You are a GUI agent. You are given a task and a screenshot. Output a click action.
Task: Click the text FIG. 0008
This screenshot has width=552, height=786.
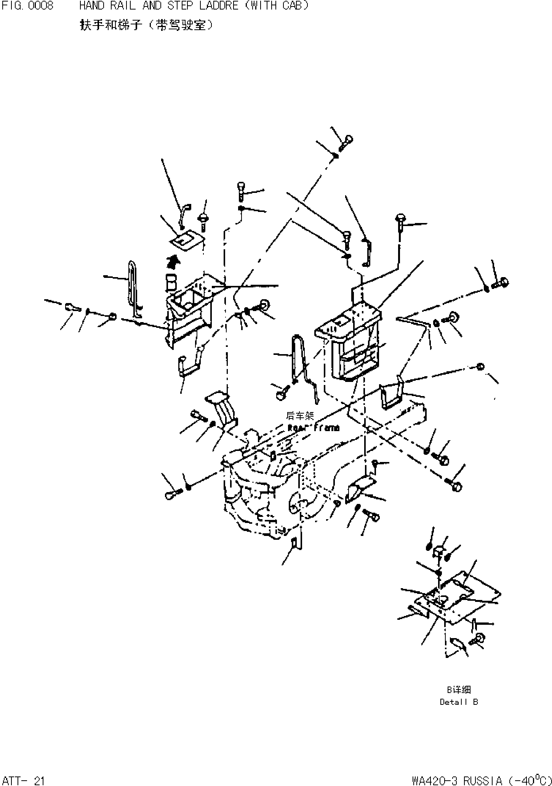(x=27, y=6)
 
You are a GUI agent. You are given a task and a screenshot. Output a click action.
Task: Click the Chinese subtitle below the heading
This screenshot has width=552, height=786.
(x=146, y=25)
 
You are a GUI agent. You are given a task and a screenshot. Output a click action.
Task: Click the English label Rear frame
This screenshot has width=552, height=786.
(x=313, y=428)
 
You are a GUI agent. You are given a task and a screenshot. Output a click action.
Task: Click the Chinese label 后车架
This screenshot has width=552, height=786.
(x=300, y=416)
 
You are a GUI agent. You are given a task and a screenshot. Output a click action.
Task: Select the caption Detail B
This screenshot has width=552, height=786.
(x=459, y=702)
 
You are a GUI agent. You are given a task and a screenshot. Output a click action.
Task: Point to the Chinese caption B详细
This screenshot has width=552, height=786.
(x=459, y=690)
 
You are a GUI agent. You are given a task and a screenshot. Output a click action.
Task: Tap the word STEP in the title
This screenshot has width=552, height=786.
(x=180, y=6)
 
